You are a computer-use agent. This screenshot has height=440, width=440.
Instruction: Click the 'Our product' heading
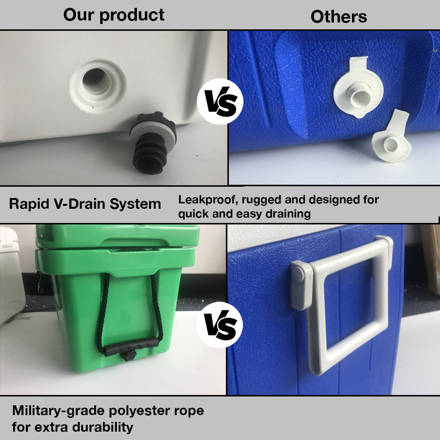tap(113, 15)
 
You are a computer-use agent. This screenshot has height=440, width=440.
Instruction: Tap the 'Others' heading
tap(339, 17)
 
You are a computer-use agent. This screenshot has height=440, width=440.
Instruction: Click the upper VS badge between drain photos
tap(220, 102)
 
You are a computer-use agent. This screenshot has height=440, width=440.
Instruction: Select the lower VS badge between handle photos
tap(220, 325)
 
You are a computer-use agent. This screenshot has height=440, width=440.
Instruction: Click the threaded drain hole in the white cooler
tap(97, 86)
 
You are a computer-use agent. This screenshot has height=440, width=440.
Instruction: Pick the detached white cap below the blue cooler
tap(392, 138)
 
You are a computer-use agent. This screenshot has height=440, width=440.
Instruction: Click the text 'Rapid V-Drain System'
tap(85, 204)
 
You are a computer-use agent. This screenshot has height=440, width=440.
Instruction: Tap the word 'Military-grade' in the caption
tap(58, 411)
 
